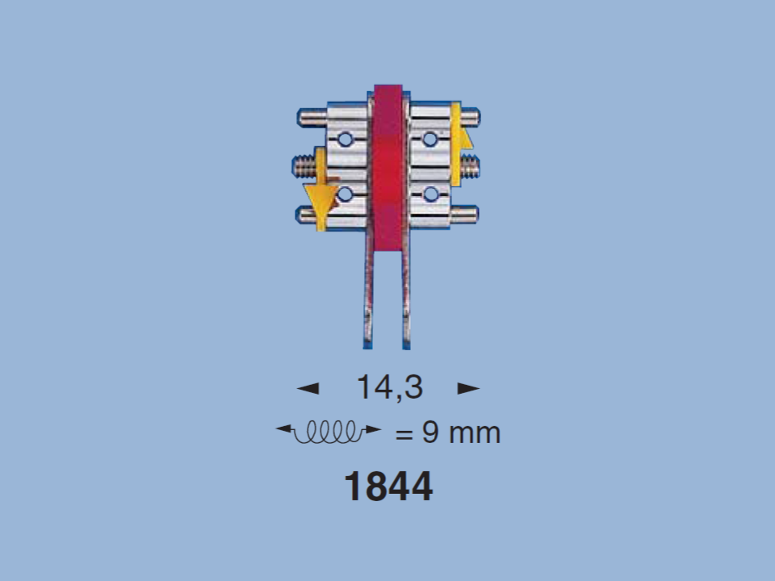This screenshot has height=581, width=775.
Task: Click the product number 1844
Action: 388,487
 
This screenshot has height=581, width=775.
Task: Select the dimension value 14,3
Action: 389,387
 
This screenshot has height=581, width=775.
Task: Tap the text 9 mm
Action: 461,433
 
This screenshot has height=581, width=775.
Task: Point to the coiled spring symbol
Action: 329,432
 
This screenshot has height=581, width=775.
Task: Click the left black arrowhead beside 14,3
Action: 308,388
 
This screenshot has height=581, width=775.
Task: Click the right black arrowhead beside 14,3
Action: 468,388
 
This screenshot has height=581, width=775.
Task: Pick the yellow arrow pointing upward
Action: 459,144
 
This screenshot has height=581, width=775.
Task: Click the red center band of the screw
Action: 388,167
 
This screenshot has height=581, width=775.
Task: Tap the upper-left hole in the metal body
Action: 345,140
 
